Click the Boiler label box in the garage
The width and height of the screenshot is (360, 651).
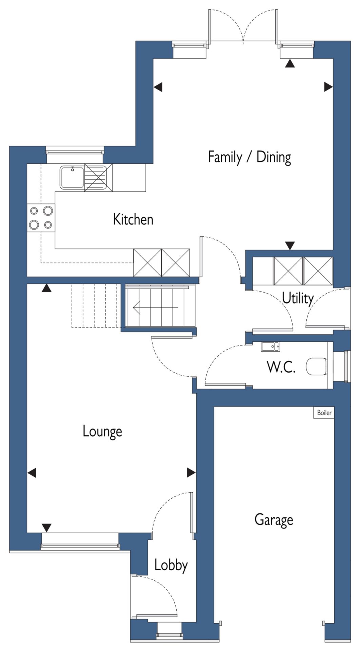[324, 413]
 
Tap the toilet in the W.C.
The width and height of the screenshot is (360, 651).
[317, 366]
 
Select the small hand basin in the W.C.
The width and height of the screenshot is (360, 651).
[271, 347]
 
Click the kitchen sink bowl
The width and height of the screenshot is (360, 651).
[72, 177]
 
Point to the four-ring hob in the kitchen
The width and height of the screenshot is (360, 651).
[41, 217]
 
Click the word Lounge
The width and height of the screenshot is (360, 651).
[102, 431]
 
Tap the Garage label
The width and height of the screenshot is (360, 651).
[274, 520]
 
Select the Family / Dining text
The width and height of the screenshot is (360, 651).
[249, 157]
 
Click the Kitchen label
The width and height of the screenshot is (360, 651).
[133, 219]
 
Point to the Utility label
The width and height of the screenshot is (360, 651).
[298, 298]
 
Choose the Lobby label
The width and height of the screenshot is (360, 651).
[171, 565]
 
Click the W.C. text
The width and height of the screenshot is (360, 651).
[281, 367]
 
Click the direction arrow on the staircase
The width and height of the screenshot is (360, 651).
[156, 308]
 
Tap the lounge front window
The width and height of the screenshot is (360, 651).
[80, 546]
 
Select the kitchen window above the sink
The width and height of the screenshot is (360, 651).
[74, 150]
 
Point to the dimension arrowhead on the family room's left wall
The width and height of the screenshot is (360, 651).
[158, 87]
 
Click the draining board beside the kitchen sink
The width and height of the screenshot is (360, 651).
[96, 177]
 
